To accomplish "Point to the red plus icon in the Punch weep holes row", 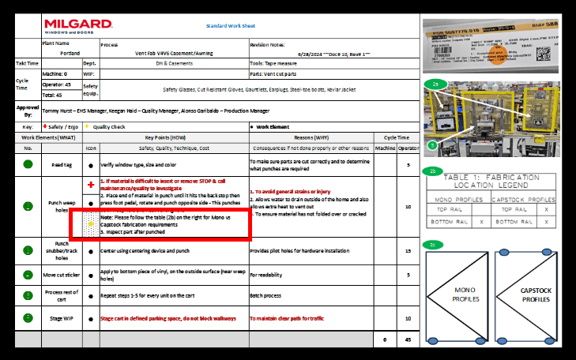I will click(92, 185).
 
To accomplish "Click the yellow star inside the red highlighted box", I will click(92, 224).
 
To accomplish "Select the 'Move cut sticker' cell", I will click(62, 275).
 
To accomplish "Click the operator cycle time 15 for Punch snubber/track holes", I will click(408, 251).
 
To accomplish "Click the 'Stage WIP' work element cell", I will click(62, 317).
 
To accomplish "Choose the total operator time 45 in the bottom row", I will click(408, 339).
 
